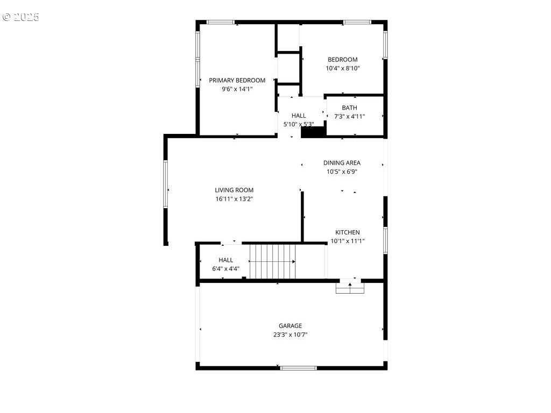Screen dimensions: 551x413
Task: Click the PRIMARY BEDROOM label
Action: (237, 81)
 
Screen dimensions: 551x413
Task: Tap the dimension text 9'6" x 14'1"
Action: (237, 89)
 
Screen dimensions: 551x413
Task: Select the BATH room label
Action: (350, 108)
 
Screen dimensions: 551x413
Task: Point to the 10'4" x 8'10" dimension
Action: (343, 68)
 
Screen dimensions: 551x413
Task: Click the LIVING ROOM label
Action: (234, 190)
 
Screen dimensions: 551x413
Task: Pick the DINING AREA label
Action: (342, 163)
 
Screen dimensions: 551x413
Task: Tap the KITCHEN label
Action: (348, 232)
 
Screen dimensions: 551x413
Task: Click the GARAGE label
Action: (290, 326)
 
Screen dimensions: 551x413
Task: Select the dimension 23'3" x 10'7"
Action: (290, 334)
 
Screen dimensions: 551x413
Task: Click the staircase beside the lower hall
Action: (273, 262)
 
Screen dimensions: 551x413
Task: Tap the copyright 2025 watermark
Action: (21, 17)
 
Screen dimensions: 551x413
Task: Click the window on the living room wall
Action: (166, 184)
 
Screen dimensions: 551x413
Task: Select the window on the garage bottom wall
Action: (298, 368)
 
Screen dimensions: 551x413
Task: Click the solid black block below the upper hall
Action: (314, 132)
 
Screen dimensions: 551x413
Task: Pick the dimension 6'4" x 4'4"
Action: (225, 269)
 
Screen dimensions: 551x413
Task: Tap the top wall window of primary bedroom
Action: (220, 22)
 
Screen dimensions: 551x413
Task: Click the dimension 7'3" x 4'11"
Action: (349, 117)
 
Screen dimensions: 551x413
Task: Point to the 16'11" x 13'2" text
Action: (234, 199)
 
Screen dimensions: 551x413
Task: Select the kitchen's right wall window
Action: (385, 240)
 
